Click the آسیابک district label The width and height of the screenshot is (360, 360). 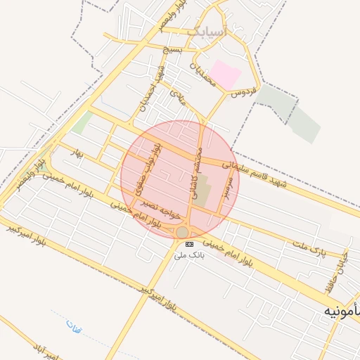coord(209,31)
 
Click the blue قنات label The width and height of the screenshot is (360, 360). coord(74,326)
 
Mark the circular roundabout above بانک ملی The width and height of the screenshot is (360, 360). coord(183,231)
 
